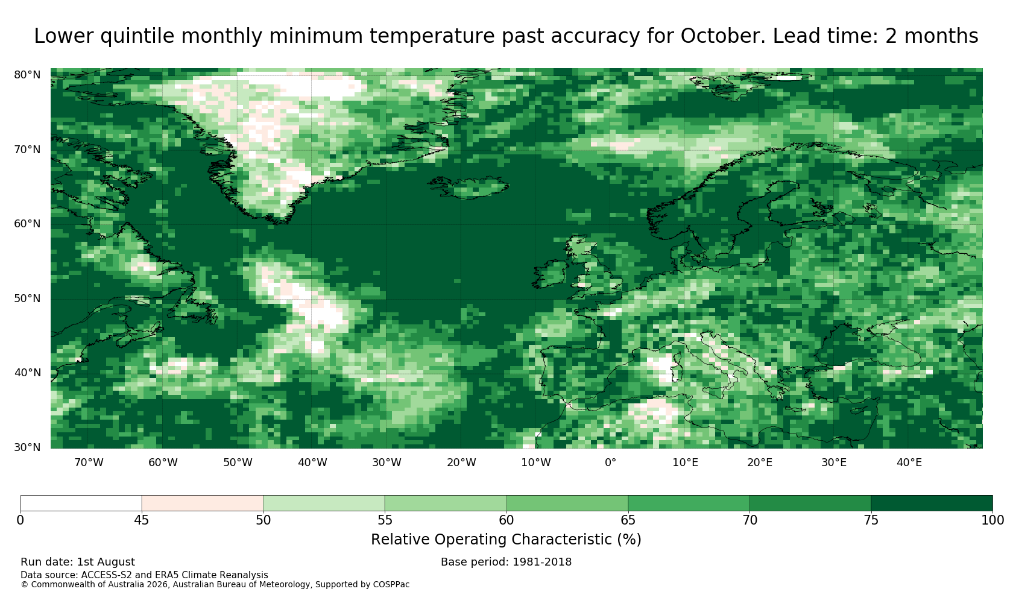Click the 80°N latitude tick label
pyautogui.click(x=27, y=75)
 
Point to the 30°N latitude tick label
pyautogui.click(x=27, y=447)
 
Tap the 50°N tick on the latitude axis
pyautogui.click(x=27, y=298)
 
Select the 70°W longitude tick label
pyautogui.click(x=89, y=462)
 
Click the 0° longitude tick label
pyautogui.click(x=610, y=462)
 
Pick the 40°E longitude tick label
pyautogui.click(x=909, y=462)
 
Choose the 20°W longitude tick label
pyautogui.click(x=462, y=462)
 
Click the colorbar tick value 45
pyautogui.click(x=142, y=520)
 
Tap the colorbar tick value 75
pyautogui.click(x=871, y=520)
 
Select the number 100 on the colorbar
pyautogui.click(x=992, y=520)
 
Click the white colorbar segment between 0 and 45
pyautogui.click(x=81, y=503)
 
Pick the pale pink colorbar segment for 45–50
pyautogui.click(x=203, y=503)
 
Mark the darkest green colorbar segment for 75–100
pyautogui.click(x=932, y=503)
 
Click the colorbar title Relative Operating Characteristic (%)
pyautogui.click(x=506, y=540)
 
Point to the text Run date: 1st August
pyautogui.click(x=78, y=562)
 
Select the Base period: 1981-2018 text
pyautogui.click(x=506, y=562)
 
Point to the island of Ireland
pyautogui.click(x=549, y=274)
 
